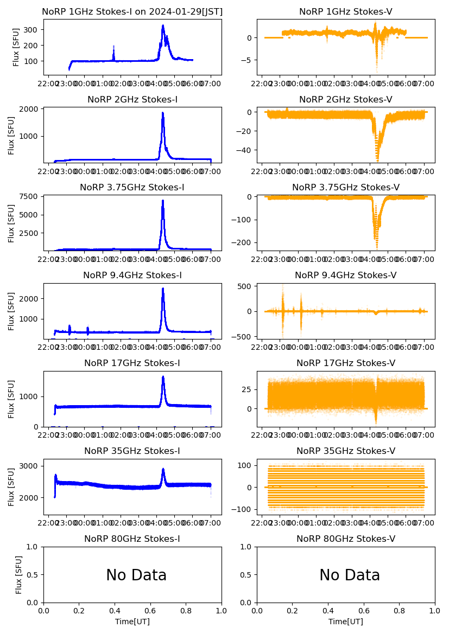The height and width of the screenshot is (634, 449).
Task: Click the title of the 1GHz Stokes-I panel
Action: (132, 12)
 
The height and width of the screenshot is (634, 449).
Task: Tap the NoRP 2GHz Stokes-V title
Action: (346, 100)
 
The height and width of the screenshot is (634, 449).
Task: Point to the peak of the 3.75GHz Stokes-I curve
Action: (163, 201)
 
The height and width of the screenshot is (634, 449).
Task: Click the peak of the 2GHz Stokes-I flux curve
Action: (163, 113)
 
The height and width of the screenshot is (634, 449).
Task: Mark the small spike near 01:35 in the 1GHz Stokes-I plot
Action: (113, 47)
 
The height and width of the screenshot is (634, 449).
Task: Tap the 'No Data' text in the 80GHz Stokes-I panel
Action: (136, 575)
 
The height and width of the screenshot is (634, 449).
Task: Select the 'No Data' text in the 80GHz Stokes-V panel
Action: (350, 575)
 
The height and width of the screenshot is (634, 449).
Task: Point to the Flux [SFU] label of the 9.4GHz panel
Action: (11, 311)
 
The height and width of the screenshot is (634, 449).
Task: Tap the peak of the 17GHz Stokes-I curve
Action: (163, 377)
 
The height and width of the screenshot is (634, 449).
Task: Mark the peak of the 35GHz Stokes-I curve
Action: (163, 469)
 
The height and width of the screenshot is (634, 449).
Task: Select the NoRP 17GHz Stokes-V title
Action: (346, 363)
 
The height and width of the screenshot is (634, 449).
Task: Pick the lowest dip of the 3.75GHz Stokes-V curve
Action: (377, 247)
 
